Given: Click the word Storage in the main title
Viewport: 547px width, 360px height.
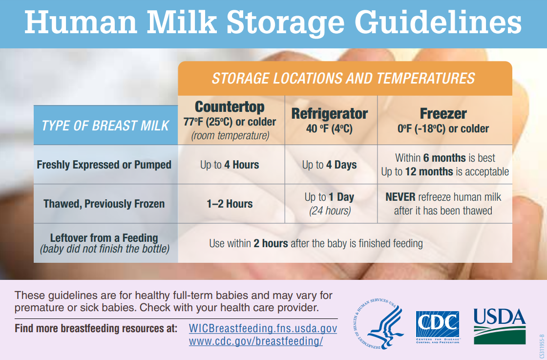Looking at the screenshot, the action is pos(285,22).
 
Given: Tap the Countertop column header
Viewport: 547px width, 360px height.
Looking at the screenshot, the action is pos(230,107).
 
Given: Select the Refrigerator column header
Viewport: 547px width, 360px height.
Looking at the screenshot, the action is pos(329,114).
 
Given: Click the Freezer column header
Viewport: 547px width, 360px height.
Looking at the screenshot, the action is pos(443,114).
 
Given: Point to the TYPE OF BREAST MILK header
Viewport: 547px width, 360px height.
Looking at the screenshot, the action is pos(105,126).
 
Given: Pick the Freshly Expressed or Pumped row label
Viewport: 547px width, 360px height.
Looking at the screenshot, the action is pos(104,165).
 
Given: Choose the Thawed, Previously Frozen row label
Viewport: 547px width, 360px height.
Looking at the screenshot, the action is pos(104,204).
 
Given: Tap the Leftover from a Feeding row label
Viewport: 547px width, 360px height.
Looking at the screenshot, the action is pos(104,238).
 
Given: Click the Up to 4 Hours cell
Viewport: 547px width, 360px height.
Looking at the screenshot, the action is pos(230,165).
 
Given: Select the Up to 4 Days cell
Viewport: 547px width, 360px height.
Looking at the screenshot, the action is pos(329,165).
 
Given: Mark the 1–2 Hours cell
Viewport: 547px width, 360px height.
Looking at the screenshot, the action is pos(230,204).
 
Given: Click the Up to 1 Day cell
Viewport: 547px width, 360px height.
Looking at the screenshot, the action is pos(329,197).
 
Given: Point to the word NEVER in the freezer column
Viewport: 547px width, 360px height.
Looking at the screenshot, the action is pos(400,197).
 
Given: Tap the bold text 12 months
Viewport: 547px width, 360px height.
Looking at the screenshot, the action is pos(429,171).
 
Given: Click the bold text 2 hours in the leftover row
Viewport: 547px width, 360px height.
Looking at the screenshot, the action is pos(271,243).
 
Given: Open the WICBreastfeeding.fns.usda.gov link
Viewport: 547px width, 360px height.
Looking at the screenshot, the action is pos(263,328).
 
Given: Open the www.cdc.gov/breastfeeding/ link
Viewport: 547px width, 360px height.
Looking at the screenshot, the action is pos(256,341).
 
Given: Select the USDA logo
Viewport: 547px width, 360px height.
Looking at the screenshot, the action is pos(500,326).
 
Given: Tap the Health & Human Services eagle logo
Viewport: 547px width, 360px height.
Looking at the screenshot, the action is pos(379,324).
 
